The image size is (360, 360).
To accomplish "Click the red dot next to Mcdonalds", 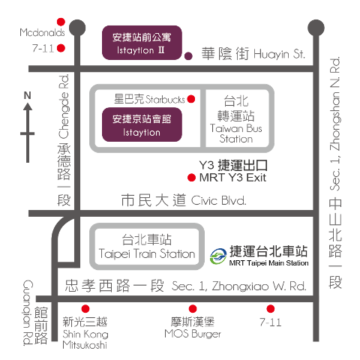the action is (x=61, y=22).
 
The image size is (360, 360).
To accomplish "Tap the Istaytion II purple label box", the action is (x=142, y=43).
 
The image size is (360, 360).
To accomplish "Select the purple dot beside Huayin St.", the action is (x=188, y=56).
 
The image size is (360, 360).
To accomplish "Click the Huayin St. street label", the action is (x=253, y=53).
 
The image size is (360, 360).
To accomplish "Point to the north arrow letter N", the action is (x=28, y=95).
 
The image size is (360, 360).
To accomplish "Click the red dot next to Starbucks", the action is (x=191, y=99).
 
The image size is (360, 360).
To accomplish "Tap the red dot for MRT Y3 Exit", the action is (x=191, y=178).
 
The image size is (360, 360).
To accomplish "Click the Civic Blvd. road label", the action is (x=184, y=200).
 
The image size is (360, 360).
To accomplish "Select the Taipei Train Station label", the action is (x=147, y=247).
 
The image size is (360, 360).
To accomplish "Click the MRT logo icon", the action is (x=218, y=256).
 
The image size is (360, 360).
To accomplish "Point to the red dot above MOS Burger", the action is (x=193, y=309).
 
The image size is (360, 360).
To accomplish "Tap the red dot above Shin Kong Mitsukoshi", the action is (x=85, y=309).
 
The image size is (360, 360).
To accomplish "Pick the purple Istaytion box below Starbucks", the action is (x=142, y=124).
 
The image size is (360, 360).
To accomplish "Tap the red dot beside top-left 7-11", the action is (x=61, y=48).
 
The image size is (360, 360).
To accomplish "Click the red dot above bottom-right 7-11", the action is (x=271, y=309).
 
